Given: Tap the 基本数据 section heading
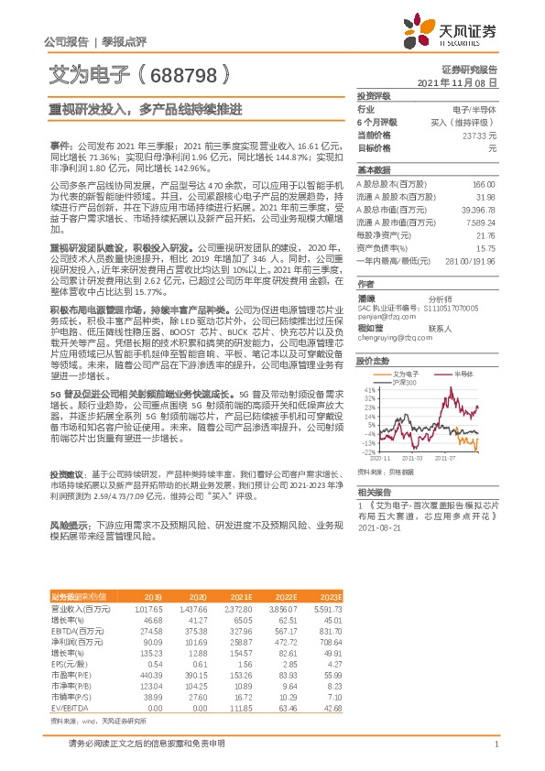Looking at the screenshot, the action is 374,170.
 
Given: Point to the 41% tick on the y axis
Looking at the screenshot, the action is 370,389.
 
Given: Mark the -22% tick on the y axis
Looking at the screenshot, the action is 369,451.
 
